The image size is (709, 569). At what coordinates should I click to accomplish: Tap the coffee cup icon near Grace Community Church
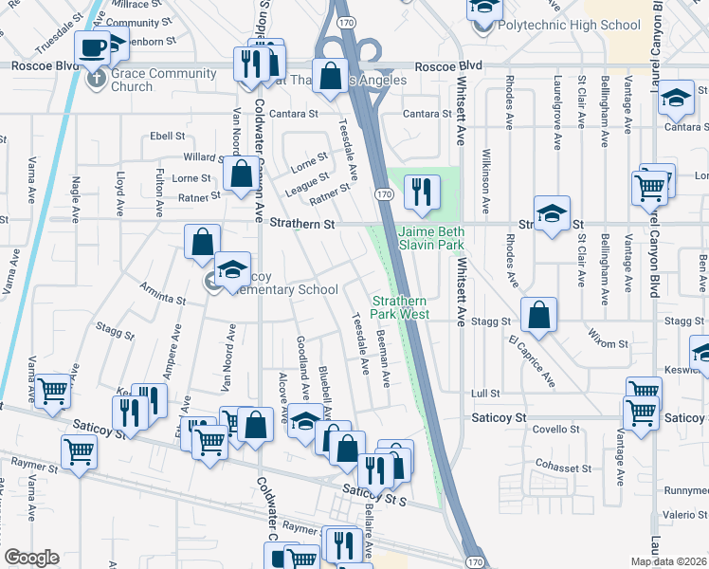coord(94,46)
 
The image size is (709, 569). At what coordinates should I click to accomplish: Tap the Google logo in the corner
coord(31,557)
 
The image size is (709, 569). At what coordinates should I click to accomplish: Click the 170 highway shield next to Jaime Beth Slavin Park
coord(382,194)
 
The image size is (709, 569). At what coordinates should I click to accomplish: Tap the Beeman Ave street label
coord(383,358)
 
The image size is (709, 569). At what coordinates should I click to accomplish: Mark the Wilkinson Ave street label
coord(486,180)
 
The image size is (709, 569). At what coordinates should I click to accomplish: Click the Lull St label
coord(485,393)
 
